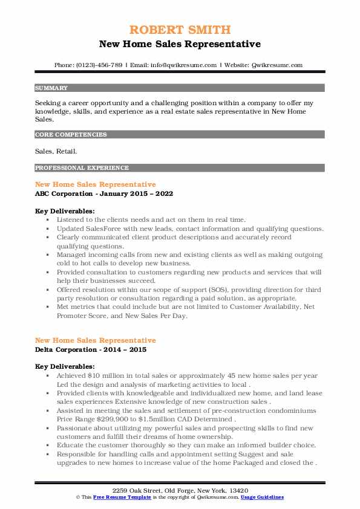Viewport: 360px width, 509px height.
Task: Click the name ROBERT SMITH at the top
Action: (180, 30)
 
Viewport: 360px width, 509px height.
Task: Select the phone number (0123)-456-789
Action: (97, 65)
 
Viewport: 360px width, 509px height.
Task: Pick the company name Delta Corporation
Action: (67, 350)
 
